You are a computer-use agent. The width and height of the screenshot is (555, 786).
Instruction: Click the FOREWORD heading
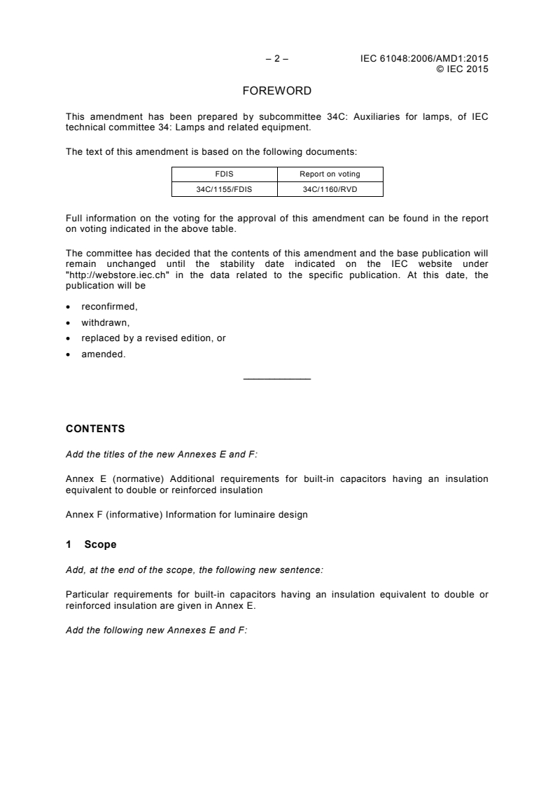pyautogui.click(x=276, y=91)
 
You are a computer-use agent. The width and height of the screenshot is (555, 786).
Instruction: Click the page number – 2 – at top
pyautogui.click(x=276, y=59)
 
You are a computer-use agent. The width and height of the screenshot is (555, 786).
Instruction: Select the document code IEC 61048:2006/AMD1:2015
pyautogui.click(x=424, y=59)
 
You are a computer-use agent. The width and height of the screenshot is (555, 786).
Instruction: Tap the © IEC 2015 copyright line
pyautogui.click(x=462, y=69)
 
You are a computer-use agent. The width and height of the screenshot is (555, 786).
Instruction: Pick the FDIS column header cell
pyautogui.click(x=225, y=174)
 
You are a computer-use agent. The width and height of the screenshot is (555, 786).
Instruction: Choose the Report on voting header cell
pyautogui.click(x=330, y=174)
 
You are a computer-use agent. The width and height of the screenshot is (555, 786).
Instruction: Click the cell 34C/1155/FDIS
pyautogui.click(x=225, y=188)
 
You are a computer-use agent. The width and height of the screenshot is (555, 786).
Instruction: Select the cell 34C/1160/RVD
pyautogui.click(x=330, y=188)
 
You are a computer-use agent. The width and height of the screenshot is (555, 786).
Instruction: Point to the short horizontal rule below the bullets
pyautogui.click(x=276, y=379)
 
